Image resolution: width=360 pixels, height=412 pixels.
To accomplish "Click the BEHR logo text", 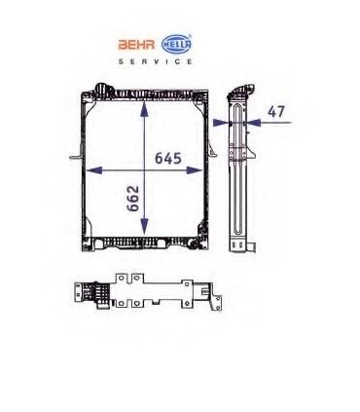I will coord(136,44).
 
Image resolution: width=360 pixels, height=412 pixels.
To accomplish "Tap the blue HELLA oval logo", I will coord(176,44).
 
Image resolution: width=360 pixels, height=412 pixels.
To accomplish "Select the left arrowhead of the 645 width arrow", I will coord(90,168).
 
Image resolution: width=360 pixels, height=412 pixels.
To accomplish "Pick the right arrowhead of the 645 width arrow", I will coord(201,168).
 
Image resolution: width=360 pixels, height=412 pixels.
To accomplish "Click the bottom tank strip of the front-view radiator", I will coord(146,239).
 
